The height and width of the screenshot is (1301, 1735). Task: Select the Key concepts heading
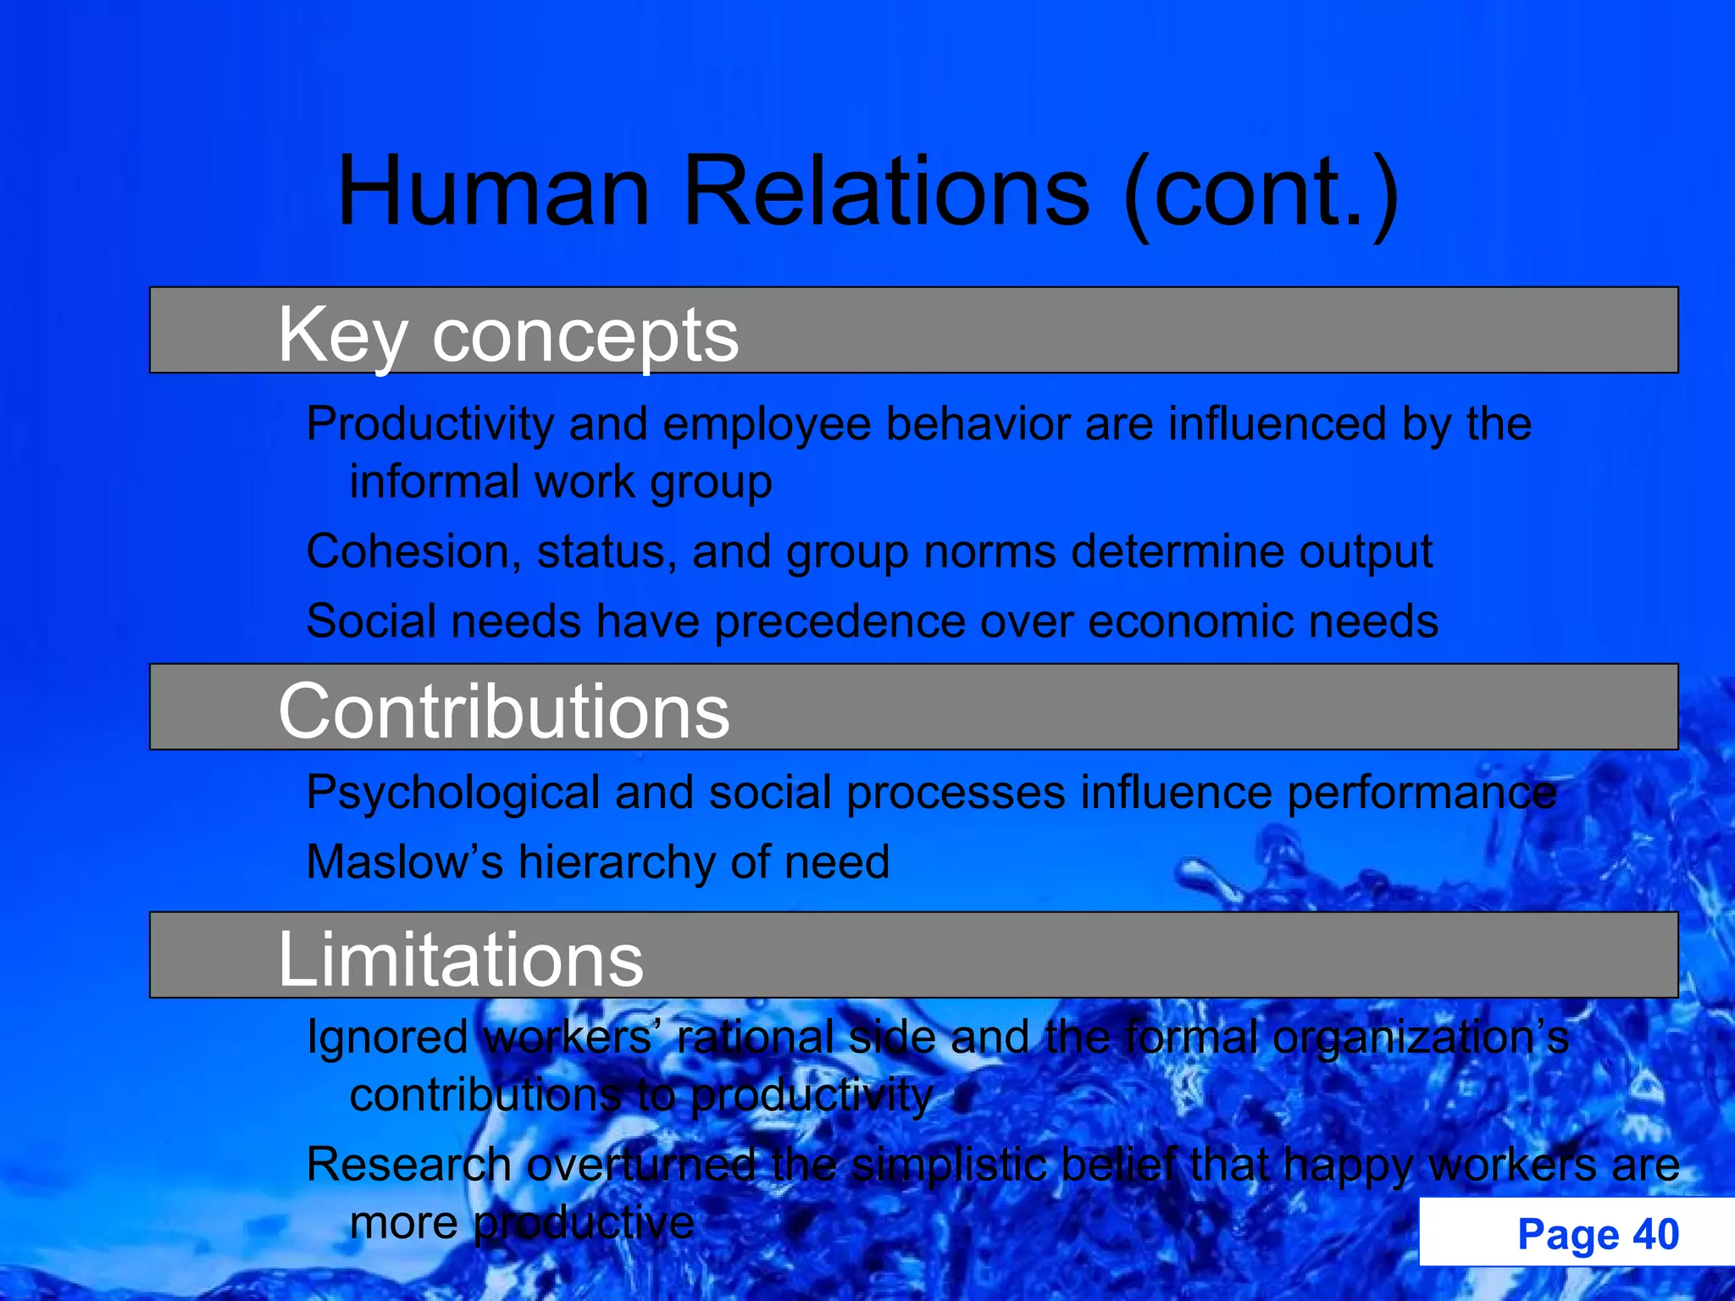point(508,335)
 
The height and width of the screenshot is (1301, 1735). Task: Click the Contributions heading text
point(504,711)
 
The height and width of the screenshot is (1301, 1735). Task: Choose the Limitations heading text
point(461,960)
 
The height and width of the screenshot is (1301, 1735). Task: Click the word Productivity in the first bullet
point(430,424)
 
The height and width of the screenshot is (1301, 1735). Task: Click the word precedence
point(840,622)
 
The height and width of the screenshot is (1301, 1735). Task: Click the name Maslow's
point(405,863)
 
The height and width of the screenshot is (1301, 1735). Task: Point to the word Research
point(408,1165)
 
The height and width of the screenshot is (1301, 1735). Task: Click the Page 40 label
point(1598,1234)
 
